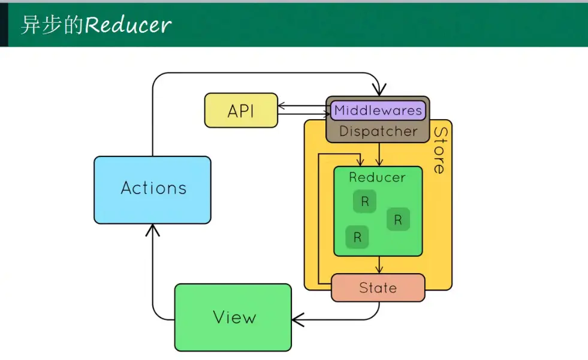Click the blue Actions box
152,189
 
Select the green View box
233,317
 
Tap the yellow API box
241,110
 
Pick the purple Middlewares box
378,110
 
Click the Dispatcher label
378,131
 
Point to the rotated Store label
440,150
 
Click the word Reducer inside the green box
377,177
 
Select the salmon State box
378,288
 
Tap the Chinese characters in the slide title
51,25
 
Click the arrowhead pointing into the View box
297,320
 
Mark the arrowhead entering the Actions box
153,229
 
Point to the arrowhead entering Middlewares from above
378,90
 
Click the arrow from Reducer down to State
379,265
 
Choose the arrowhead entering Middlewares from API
327,113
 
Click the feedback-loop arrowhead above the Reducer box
360,162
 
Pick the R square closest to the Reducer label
364,202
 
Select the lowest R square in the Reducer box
357,237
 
